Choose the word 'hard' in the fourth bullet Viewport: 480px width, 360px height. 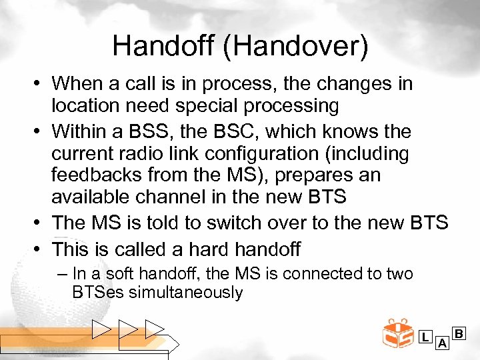[203, 249]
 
